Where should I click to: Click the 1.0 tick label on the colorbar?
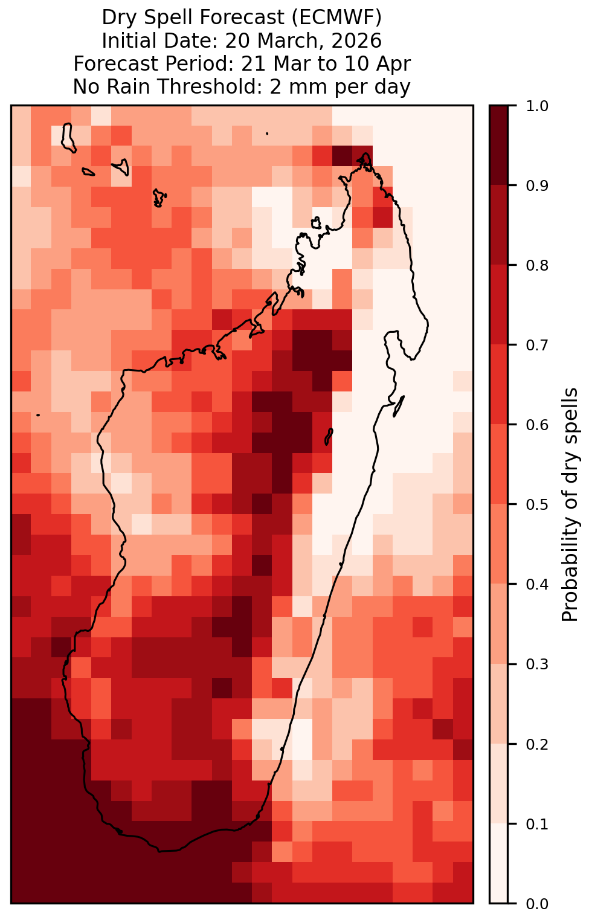pos(537,106)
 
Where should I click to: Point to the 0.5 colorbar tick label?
pos(537,505)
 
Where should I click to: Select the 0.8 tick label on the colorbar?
pos(537,266)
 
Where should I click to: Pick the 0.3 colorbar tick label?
pos(537,665)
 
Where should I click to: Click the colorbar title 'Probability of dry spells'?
pos(570,505)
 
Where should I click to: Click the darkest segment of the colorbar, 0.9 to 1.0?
pos(498,145)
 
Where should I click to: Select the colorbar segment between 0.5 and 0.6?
pos(498,465)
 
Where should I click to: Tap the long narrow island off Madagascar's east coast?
pos(398,407)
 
